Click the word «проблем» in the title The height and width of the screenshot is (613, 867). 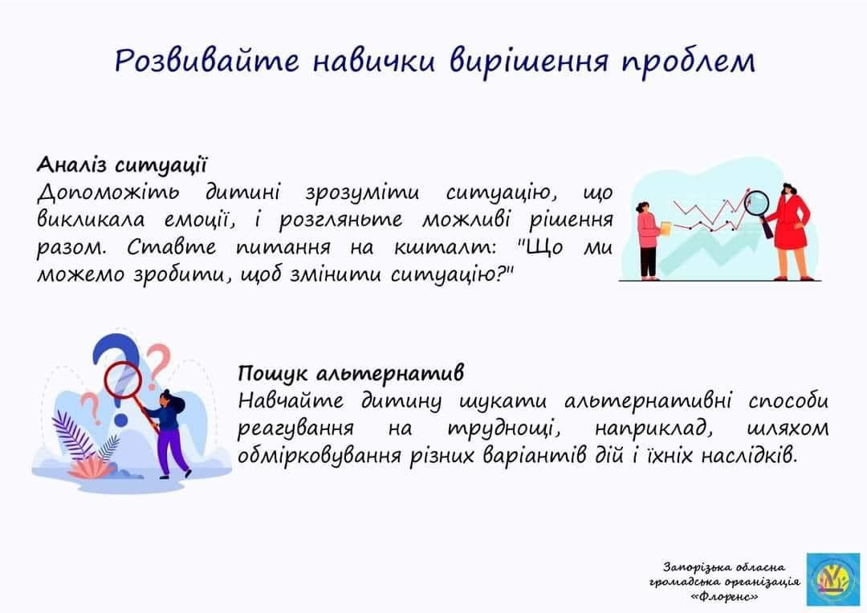(688, 61)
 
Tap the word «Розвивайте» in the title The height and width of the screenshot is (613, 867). (207, 60)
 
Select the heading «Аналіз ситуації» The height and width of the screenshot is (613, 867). (123, 164)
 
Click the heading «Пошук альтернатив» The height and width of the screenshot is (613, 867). (351, 374)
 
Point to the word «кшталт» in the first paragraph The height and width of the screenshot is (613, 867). (445, 247)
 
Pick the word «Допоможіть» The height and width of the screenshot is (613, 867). (108, 193)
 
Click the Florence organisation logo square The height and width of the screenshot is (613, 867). (832, 578)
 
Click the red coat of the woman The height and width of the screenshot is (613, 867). (790, 222)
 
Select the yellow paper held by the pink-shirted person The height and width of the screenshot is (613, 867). (666, 229)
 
